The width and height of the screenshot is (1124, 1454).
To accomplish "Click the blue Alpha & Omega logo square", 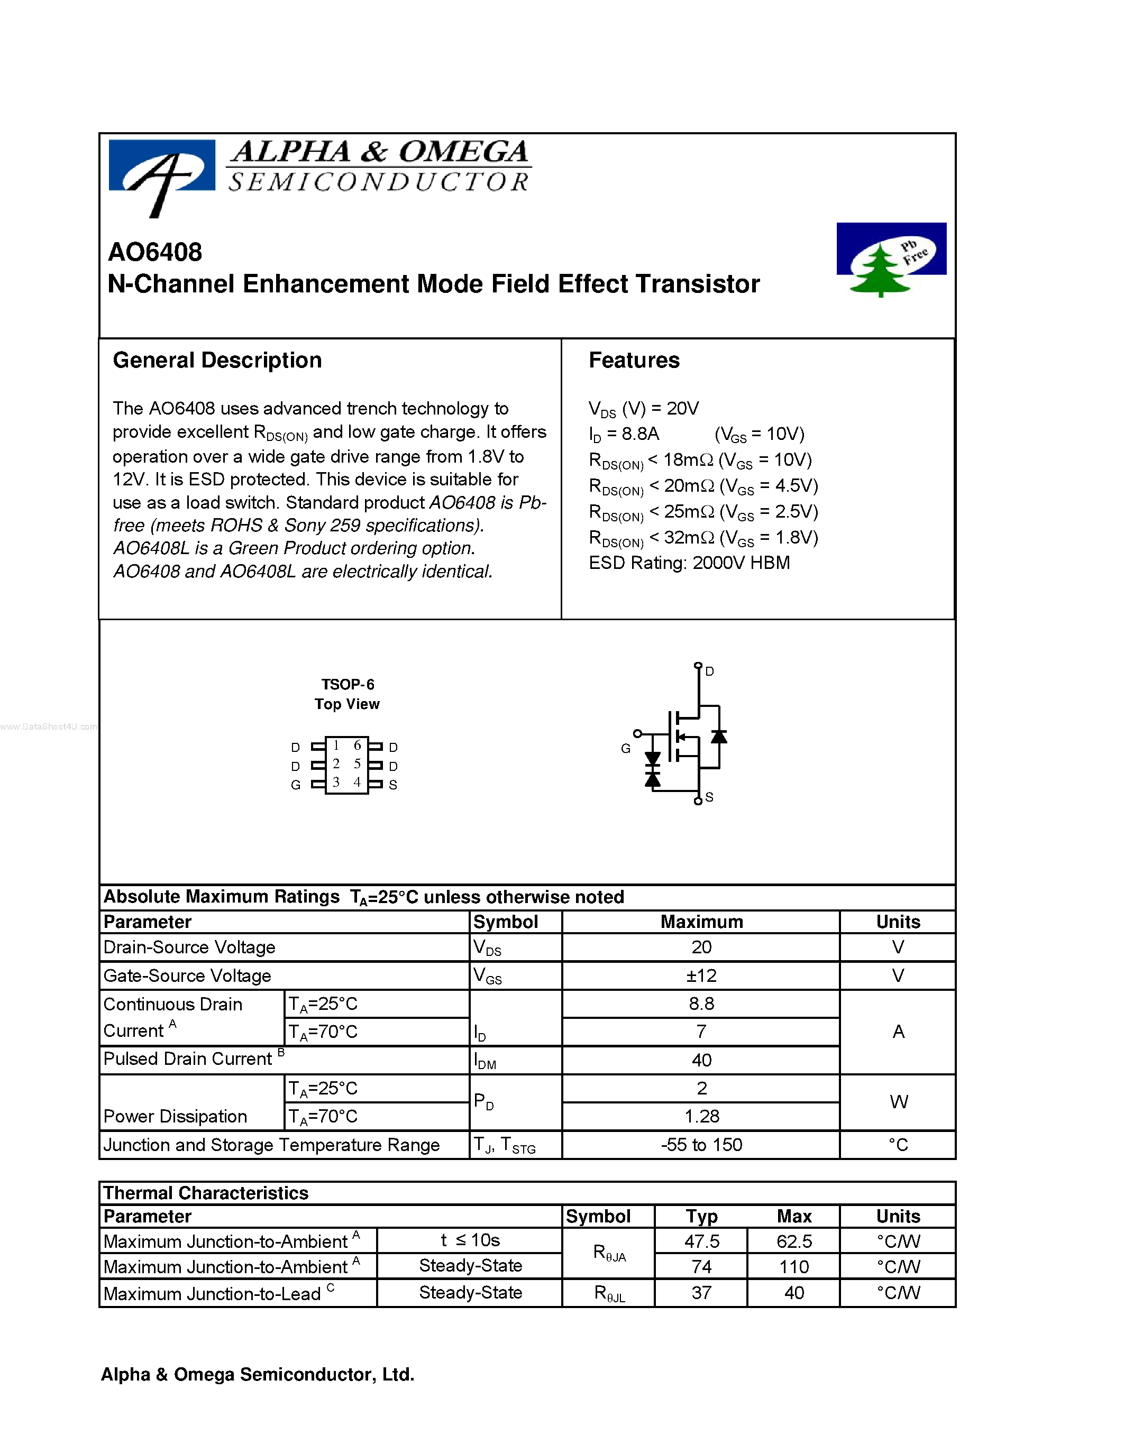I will [x=162, y=167].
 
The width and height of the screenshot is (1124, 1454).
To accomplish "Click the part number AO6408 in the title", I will [x=154, y=252].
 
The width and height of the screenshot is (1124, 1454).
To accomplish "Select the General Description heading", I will [x=217, y=360].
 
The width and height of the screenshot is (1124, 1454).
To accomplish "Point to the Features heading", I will [x=633, y=360].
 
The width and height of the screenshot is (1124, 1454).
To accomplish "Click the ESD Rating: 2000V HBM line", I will [x=689, y=563].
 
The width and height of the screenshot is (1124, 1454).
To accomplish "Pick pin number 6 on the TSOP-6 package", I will [x=357, y=746].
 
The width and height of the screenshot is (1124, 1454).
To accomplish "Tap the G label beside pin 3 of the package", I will [x=296, y=785].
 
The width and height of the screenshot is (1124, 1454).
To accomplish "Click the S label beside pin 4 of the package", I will [x=393, y=785].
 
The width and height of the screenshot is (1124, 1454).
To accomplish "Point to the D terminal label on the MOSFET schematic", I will [x=709, y=671].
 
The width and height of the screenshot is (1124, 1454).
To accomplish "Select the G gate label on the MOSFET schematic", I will [x=625, y=748].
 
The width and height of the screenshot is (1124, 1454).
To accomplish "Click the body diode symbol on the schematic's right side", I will [x=718, y=737].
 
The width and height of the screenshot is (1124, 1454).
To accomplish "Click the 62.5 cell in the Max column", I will [x=794, y=1241].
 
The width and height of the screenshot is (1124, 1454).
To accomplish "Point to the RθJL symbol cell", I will [x=609, y=1293].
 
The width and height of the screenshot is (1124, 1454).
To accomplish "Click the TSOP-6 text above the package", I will [x=347, y=684].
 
